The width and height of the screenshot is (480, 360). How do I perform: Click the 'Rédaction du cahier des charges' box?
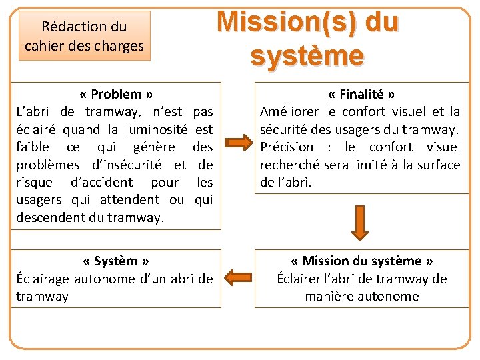pos(84,36)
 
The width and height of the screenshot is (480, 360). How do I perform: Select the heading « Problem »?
pos(116,94)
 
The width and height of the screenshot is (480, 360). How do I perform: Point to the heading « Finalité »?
pos(361,94)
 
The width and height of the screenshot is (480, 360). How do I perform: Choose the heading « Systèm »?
pos(116,261)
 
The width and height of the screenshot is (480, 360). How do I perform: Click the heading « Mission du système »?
pos(362,261)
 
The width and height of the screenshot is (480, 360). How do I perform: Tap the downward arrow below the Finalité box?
pos(360,221)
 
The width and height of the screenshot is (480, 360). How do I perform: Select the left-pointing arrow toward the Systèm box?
pos(237,276)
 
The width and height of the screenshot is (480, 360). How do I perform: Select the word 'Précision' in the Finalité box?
pos(287,147)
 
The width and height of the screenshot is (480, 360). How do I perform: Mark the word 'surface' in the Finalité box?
pos(438,164)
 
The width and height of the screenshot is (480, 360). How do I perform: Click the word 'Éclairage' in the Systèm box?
pos(43,279)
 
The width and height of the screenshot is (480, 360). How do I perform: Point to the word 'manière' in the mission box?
pos(330,296)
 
